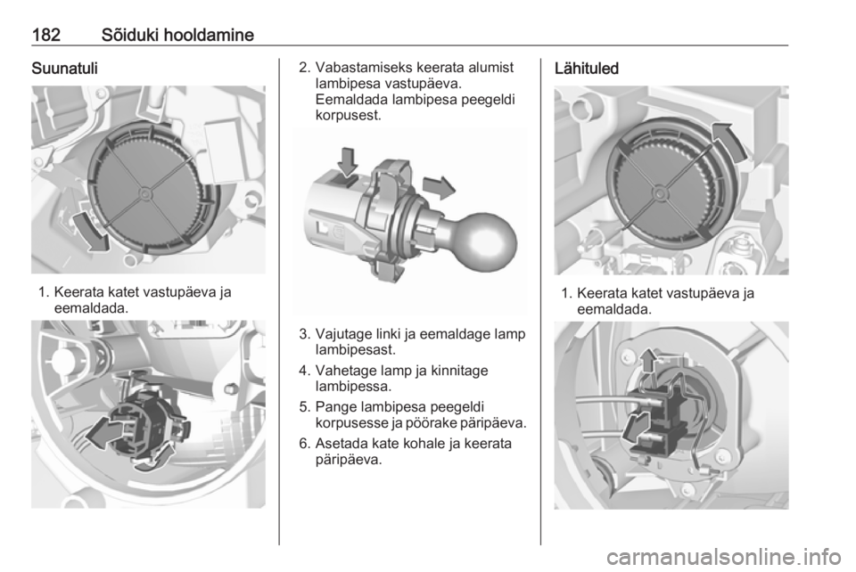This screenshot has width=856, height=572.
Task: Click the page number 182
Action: [45, 35]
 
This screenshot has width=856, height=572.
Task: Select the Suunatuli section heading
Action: [64, 69]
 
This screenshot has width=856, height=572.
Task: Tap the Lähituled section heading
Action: [587, 69]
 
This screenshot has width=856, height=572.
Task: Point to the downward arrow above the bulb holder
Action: [347, 162]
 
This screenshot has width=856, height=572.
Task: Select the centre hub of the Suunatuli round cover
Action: [144, 193]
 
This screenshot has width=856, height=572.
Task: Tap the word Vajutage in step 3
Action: [342, 334]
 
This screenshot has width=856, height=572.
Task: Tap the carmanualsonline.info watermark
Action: [723, 557]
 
